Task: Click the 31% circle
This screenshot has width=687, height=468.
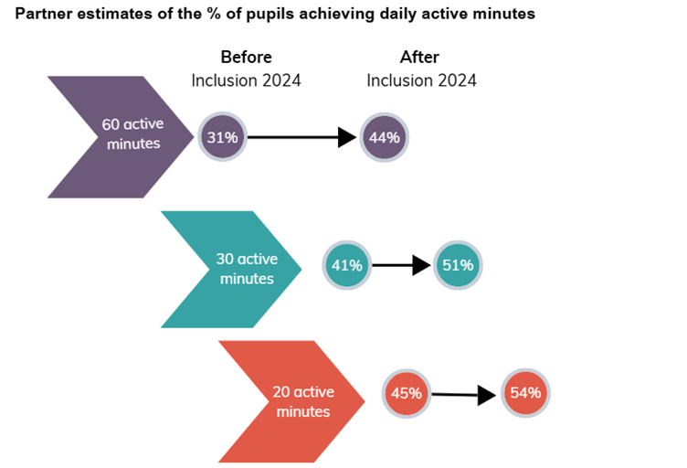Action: pyautogui.click(x=222, y=138)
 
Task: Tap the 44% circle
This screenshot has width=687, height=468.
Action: pyautogui.click(x=385, y=138)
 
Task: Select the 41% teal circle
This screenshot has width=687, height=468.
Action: pyautogui.click(x=347, y=266)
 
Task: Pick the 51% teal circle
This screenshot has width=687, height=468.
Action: pyautogui.click(x=457, y=266)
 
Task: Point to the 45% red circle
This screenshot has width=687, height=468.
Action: pyautogui.click(x=406, y=394)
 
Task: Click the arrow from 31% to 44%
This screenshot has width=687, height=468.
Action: pyautogui.click(x=301, y=138)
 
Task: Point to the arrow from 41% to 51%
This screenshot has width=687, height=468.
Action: pyautogui.click(x=401, y=266)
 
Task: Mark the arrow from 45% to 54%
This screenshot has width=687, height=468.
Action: pyautogui.click(x=464, y=395)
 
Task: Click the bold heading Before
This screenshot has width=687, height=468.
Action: pyautogui.click(x=246, y=58)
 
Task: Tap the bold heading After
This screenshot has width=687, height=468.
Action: pyautogui.click(x=420, y=58)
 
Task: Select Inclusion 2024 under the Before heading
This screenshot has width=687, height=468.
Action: pyautogui.click(x=246, y=80)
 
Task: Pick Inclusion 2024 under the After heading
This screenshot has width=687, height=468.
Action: pyautogui.click(x=421, y=80)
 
